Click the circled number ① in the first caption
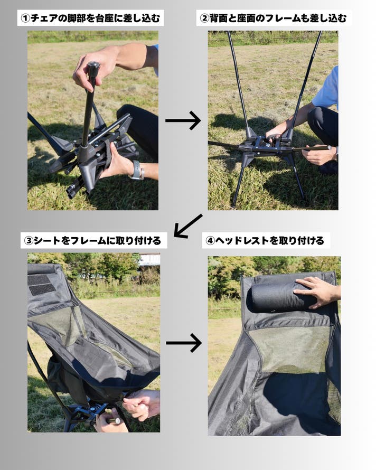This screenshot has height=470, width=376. (25, 18)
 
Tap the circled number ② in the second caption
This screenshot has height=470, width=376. (204, 18)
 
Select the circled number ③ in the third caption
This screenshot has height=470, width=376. (29, 241)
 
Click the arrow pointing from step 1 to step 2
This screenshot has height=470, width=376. (183, 120)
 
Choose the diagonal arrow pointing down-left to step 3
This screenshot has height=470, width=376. (188, 226)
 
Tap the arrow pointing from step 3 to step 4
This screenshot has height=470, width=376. (183, 343)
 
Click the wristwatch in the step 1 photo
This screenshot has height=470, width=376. (137, 170)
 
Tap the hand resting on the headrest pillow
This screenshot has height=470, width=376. (316, 292)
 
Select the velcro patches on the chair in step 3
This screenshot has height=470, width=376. (40, 285)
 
